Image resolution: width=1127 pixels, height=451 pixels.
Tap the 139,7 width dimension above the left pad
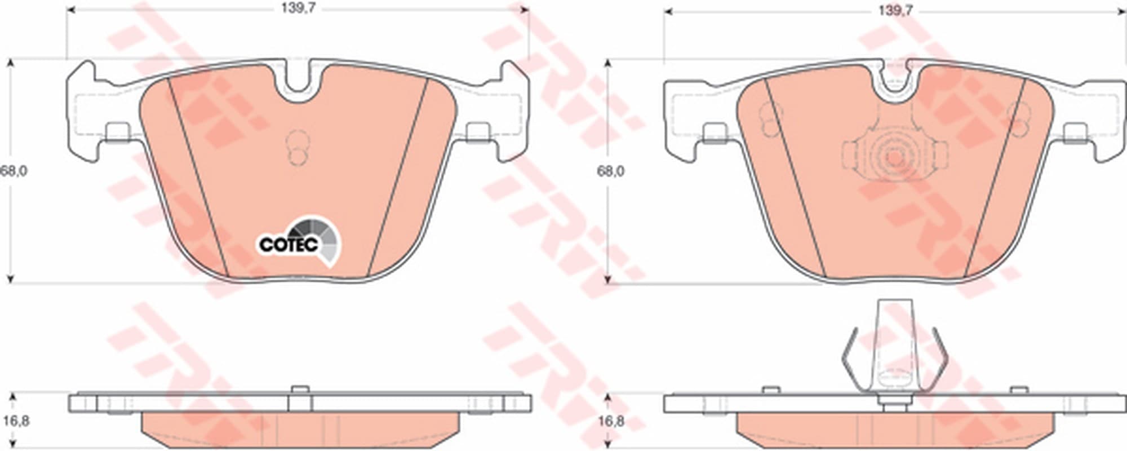point(298,10)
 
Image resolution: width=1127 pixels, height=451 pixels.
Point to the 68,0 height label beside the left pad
point(14,171)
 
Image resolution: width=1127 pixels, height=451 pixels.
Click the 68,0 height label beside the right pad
point(611,171)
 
